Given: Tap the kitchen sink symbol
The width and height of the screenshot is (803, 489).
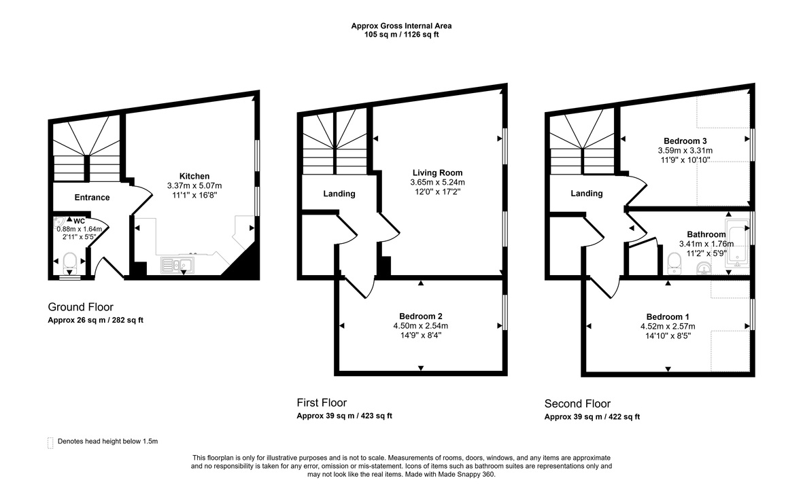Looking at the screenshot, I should pos(177,265).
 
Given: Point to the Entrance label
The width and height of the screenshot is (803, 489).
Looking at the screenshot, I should pos(92,198).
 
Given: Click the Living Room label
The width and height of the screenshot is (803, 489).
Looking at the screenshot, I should pos(437,173).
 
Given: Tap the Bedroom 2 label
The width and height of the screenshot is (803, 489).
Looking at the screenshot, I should pos(421,316).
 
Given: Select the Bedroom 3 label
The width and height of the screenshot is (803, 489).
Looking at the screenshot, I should pos(685,141).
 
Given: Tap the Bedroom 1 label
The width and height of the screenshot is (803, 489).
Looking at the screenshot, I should pos(668,317).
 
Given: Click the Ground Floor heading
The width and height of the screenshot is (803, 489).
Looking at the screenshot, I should pos(80,306).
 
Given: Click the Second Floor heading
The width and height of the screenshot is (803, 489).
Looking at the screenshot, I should pos(577,403).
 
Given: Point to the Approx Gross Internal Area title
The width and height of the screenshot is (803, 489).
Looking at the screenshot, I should pos(401,26).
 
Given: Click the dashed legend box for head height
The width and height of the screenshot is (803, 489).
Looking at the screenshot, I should pos(50,441).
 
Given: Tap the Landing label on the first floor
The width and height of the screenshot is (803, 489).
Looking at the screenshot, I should pos(339,194).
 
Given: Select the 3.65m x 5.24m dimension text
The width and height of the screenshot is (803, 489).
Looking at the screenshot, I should pos(437,182).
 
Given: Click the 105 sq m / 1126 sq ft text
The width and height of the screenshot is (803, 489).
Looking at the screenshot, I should pos(401,35).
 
